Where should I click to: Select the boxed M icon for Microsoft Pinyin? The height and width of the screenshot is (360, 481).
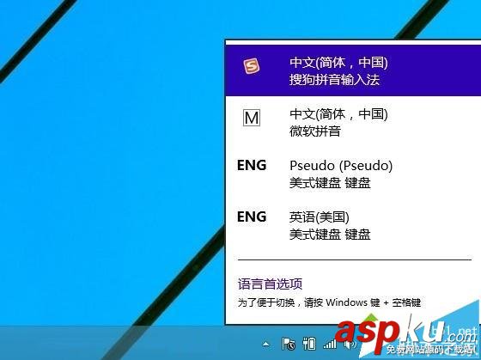pyautogui.click(x=252, y=119)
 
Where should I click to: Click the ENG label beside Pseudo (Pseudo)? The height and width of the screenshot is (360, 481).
pyautogui.click(x=252, y=165)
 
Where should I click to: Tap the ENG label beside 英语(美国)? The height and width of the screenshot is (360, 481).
pyautogui.click(x=252, y=217)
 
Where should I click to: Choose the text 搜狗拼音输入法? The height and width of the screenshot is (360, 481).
pyautogui.click(x=334, y=80)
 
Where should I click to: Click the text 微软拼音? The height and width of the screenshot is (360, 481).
pyautogui.click(x=315, y=131)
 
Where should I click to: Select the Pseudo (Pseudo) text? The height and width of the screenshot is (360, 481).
pyautogui.click(x=341, y=165)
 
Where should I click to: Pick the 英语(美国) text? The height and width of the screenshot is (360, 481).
pyautogui.click(x=320, y=217)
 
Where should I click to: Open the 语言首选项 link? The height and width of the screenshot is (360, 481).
pyautogui.click(x=270, y=284)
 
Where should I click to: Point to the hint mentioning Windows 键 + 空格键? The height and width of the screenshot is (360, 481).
pyautogui.click(x=329, y=302)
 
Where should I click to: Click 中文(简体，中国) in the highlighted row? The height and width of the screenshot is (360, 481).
pyautogui.click(x=339, y=63)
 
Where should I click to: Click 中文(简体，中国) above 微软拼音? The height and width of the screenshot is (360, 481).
pyautogui.click(x=339, y=114)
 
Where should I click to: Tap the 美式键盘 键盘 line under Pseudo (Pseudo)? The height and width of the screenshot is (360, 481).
pyautogui.click(x=330, y=183)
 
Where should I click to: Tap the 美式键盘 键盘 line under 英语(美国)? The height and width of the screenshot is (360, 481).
pyautogui.click(x=330, y=234)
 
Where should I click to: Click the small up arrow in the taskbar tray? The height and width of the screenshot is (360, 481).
pyautogui.click(x=266, y=344)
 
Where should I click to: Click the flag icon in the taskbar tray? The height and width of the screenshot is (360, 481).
pyautogui.click(x=289, y=344)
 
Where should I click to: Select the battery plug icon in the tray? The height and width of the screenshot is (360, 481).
pyautogui.click(x=310, y=344)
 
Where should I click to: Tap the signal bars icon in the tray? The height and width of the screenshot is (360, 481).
pyautogui.click(x=330, y=344)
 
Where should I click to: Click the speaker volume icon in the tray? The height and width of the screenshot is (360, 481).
pyautogui.click(x=350, y=344)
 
